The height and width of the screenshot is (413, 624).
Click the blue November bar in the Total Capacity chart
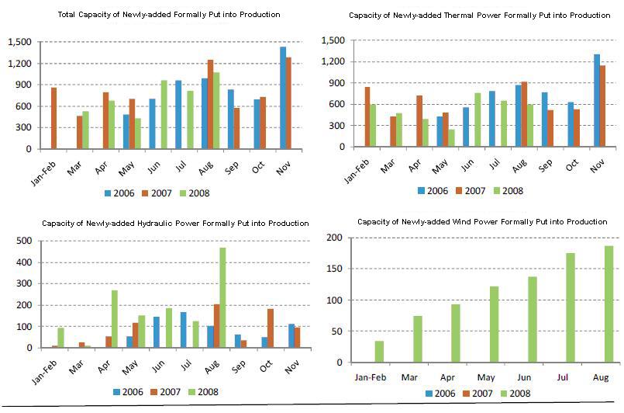pyautogui.click(x=283, y=98)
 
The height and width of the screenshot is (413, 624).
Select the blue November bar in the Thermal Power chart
pyautogui.click(x=596, y=100)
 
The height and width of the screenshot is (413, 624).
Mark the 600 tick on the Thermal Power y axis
pyautogui.click(x=335, y=104)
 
